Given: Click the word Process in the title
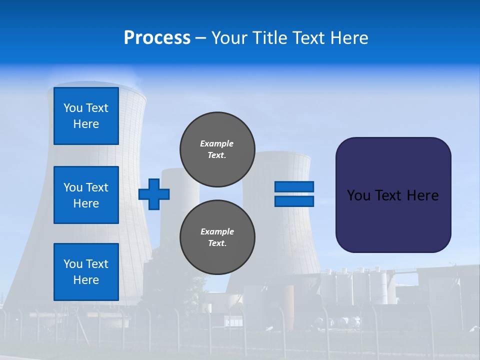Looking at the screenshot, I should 157,37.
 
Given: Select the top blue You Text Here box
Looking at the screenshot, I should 86,116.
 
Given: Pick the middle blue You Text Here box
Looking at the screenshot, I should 86,195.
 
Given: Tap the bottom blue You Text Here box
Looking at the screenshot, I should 86,272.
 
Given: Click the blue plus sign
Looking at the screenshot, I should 154,194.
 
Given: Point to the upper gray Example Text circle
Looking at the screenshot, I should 217,149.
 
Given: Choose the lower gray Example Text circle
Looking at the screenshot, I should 217,237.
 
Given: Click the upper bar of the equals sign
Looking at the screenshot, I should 294,186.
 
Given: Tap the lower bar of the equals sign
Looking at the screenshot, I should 294,201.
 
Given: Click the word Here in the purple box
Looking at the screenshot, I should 422,195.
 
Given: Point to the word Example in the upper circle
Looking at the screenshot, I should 217,143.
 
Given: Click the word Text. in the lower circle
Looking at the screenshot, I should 217,243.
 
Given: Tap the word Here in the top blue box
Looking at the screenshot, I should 86,124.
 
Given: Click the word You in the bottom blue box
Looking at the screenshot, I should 73,264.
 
